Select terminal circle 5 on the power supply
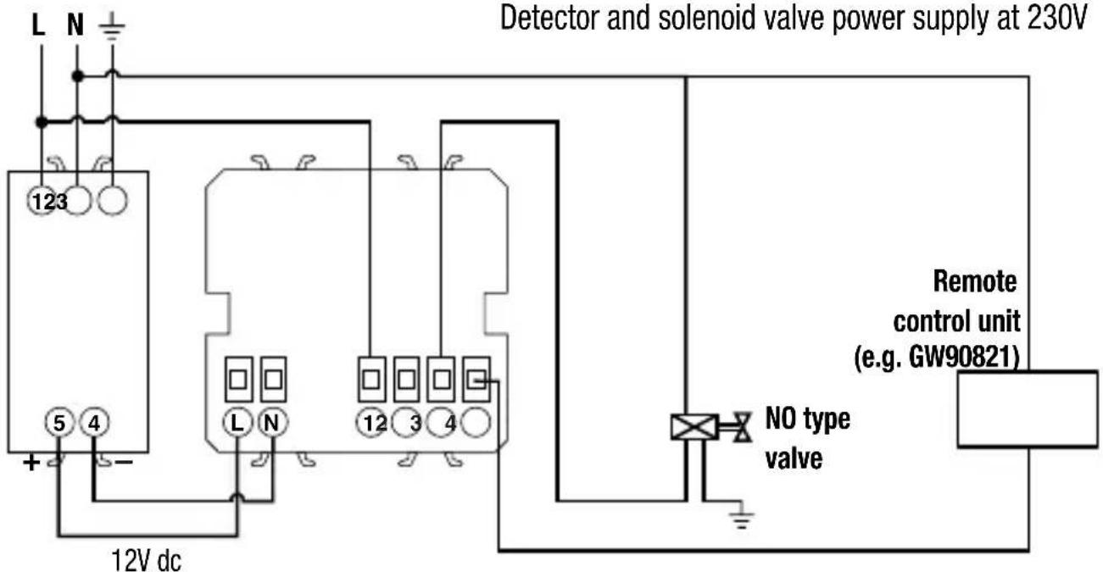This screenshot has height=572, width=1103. pos(58,424)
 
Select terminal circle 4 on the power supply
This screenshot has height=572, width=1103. pos(92,424)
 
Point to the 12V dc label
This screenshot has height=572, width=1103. pos(146,559)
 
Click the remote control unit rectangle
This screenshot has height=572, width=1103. pos(1028,408)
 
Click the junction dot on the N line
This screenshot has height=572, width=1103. pos(77,76)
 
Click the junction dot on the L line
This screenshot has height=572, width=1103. pos(41,122)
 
